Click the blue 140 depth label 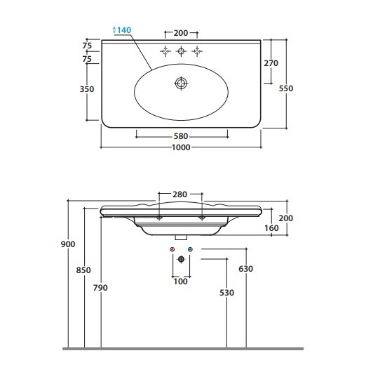[x=124, y=30]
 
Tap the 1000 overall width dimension [x=181, y=147]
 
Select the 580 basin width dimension [x=181, y=136]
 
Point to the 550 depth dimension [x=286, y=88]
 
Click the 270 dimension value [x=271, y=63]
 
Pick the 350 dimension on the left [x=87, y=89]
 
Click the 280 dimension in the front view [x=179, y=194]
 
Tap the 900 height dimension [x=68, y=244]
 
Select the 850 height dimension [x=83, y=270]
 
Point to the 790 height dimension [x=100, y=288]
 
